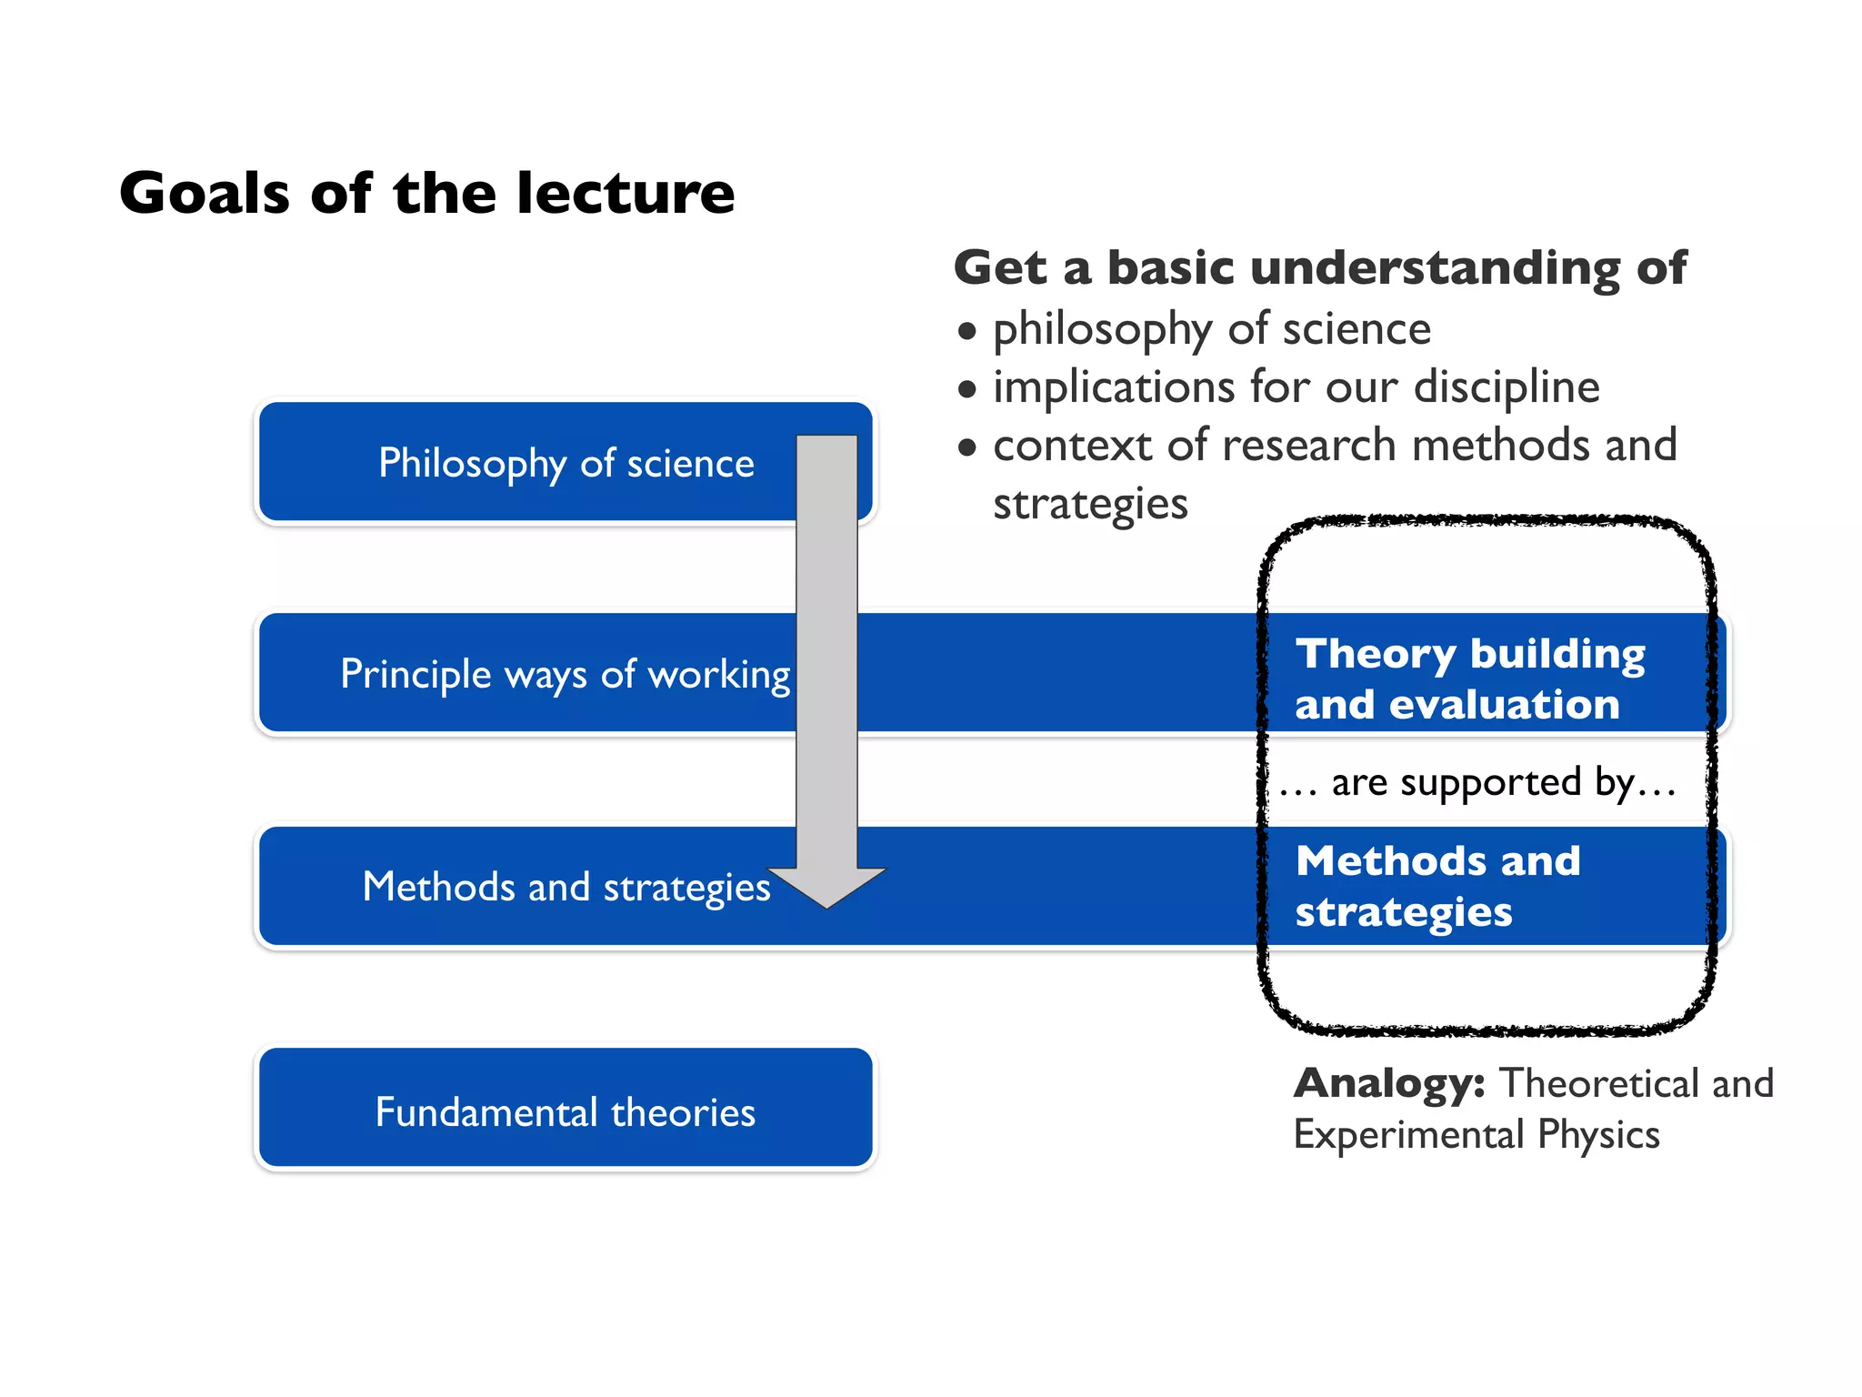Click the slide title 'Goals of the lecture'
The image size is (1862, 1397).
tap(426, 193)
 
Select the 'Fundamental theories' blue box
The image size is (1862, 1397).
tap(565, 1108)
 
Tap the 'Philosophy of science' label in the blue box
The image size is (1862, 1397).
tap(566, 464)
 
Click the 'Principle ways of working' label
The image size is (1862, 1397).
tap(565, 675)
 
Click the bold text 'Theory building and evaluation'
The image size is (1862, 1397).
tap(1469, 678)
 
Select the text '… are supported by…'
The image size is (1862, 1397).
tap(1477, 783)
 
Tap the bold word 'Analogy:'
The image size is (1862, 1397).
tap(1389, 1083)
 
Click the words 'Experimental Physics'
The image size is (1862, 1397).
tap(1477, 1135)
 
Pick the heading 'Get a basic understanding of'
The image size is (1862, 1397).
tap(1319, 268)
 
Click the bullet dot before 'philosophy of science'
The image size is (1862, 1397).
tap(967, 332)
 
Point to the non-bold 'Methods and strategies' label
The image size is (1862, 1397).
tap(566, 888)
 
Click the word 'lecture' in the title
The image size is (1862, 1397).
tap(626, 193)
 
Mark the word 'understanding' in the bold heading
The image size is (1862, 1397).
tap(1436, 268)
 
